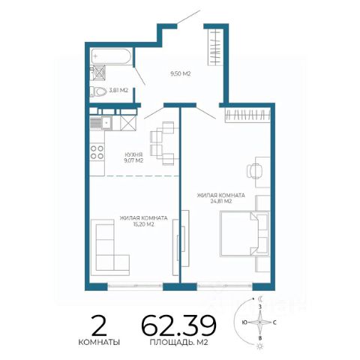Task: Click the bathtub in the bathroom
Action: (x=111, y=56)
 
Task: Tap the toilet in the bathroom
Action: (x=98, y=91)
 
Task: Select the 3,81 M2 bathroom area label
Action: (x=118, y=91)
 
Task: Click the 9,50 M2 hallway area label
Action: (x=181, y=74)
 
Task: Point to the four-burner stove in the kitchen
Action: (x=97, y=152)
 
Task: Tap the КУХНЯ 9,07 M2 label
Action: (x=133, y=157)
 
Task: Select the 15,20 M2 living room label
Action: (x=143, y=221)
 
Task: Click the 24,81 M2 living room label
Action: (x=221, y=198)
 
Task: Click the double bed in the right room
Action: (x=244, y=234)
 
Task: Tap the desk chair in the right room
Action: (x=254, y=171)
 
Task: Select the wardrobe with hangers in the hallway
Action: (x=215, y=47)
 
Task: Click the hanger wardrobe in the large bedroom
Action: (x=247, y=115)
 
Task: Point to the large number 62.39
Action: (x=179, y=325)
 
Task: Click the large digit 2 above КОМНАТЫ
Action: (x=99, y=325)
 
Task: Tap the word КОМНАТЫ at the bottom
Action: (x=99, y=342)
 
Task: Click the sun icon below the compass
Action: (x=260, y=346)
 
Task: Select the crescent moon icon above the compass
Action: (x=261, y=298)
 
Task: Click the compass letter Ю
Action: (x=244, y=322)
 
